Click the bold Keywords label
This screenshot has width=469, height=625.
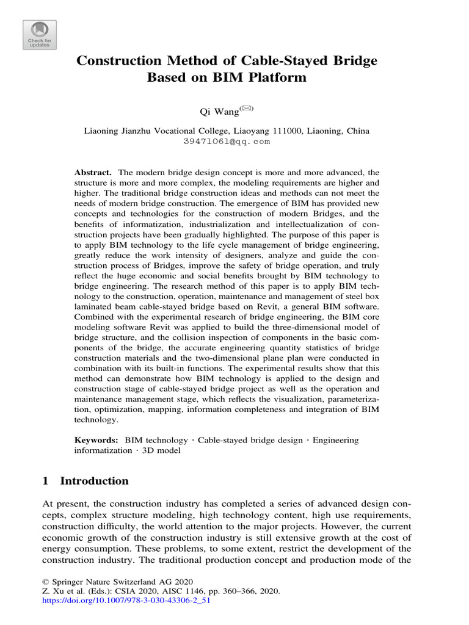click(x=96, y=439)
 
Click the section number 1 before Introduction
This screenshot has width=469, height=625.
click(x=45, y=481)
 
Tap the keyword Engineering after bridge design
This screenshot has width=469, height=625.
click(x=336, y=439)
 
